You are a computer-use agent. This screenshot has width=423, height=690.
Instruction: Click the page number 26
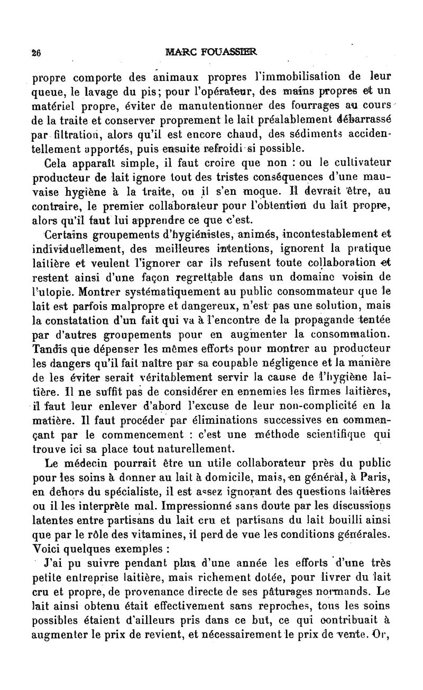(36, 52)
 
